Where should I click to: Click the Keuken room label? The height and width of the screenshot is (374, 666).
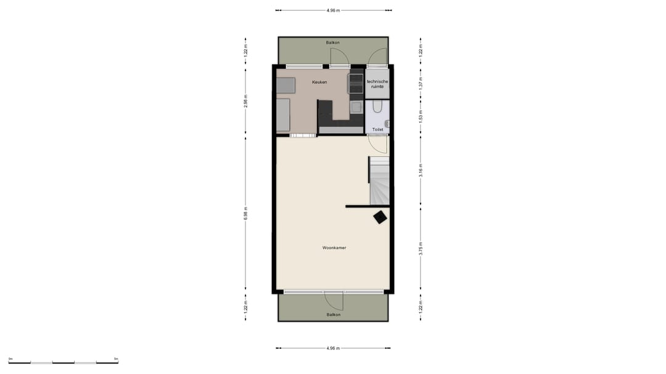click(x=319, y=82)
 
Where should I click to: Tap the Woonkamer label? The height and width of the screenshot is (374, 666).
click(x=334, y=248)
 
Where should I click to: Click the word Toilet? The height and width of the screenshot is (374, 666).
click(x=377, y=129)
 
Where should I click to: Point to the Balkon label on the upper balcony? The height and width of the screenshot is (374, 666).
click(x=333, y=43)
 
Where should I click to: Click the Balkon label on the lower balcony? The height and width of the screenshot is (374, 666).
click(x=333, y=314)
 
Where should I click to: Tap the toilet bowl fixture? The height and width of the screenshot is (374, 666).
click(x=379, y=108)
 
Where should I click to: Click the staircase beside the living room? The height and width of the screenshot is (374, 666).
click(x=379, y=181)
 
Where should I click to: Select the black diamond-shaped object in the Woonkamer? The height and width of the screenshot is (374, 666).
click(x=380, y=216)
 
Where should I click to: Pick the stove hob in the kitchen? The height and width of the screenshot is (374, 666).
click(x=356, y=82)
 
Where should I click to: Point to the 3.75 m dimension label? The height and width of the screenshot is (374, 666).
click(x=421, y=248)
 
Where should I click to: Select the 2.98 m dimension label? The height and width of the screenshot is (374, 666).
click(x=245, y=101)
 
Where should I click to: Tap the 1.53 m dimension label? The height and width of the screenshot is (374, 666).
click(x=421, y=118)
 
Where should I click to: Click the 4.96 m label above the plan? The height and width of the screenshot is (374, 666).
click(x=333, y=10)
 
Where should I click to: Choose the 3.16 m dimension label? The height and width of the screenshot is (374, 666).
click(x=421, y=170)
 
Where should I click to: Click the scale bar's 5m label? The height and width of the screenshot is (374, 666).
click(x=116, y=358)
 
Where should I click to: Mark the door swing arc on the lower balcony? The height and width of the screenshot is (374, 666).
click(x=334, y=301)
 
